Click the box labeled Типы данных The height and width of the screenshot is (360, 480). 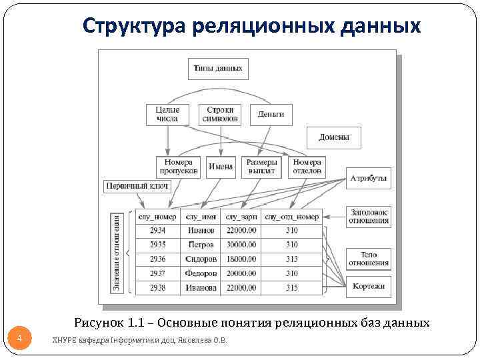click(x=217, y=68)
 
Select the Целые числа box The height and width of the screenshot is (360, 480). click(x=167, y=114)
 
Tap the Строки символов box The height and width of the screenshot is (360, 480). click(x=220, y=114)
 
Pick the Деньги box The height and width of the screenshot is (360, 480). click(x=271, y=114)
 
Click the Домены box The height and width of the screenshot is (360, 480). click(x=333, y=137)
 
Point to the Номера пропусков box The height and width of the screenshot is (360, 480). click(x=178, y=166)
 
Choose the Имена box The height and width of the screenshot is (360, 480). click(x=221, y=166)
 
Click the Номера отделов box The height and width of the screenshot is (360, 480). click(x=307, y=166)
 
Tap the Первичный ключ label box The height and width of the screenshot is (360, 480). click(x=137, y=186)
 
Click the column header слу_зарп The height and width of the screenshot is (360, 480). click(x=241, y=217)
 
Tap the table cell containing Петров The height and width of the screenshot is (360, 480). click(x=201, y=245)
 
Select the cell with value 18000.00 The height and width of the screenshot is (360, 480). click(x=241, y=259)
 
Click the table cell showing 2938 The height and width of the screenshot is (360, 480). click(x=158, y=288)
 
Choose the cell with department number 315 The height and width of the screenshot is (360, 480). click(x=292, y=288)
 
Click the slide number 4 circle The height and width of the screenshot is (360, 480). click(x=20, y=339)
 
